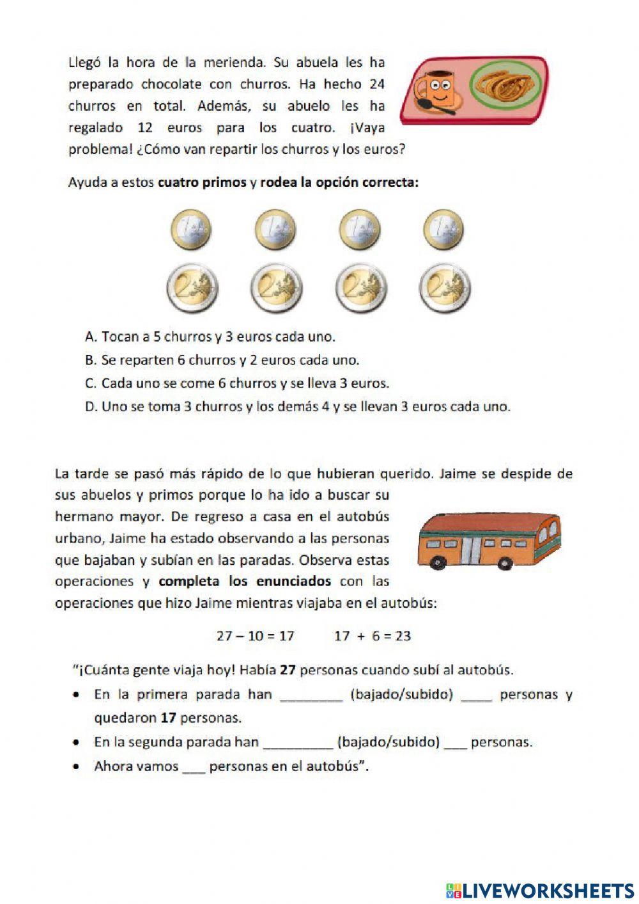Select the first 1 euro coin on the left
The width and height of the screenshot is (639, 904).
(190, 230)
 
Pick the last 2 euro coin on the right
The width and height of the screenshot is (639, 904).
(445, 289)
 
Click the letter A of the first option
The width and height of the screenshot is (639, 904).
(90, 337)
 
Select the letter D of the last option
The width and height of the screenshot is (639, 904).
(90, 407)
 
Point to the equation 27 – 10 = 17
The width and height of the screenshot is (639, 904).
(255, 636)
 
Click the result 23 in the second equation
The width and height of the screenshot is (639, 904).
(403, 636)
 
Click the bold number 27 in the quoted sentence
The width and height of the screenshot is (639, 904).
(288, 670)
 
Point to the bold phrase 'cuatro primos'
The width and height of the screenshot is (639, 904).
(202, 182)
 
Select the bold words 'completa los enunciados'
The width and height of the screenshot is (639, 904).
(245, 582)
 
